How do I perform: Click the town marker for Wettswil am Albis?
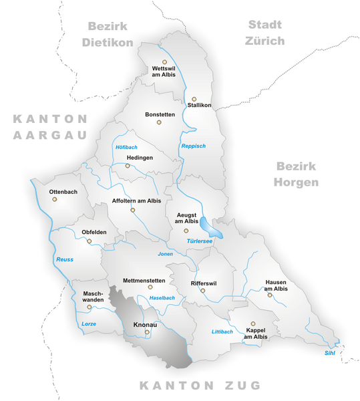click(x=164, y=61)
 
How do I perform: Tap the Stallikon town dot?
click(x=194, y=99)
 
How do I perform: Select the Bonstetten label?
click(x=160, y=114)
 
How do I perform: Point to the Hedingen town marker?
click(x=128, y=166)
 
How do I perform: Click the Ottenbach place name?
click(x=63, y=192)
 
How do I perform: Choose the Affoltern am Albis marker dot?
click(x=132, y=210)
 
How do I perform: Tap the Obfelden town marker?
click(x=89, y=241)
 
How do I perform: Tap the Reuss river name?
click(x=64, y=259)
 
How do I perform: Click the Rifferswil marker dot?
click(x=202, y=291)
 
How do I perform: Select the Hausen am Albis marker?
click(x=270, y=295)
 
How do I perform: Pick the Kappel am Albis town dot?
click(x=252, y=323)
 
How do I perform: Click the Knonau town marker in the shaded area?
click(x=147, y=331)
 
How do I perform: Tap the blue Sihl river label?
click(x=329, y=352)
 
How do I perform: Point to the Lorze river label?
click(x=88, y=323)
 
